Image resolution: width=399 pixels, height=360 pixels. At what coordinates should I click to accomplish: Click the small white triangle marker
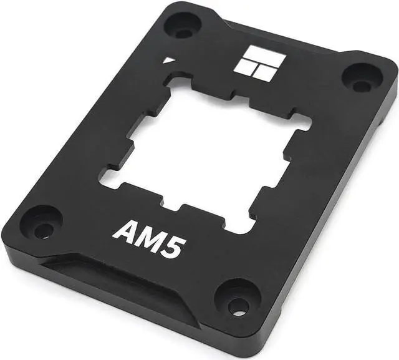click(x=168, y=61)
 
